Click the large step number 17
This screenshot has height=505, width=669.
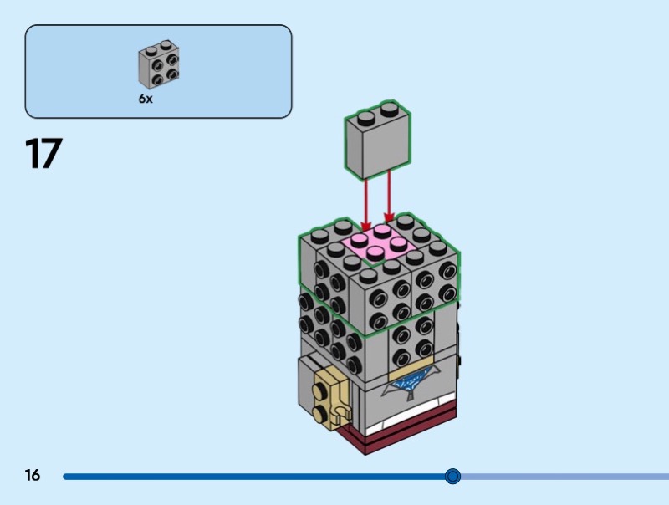click(x=43, y=155)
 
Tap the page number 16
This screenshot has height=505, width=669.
click(x=33, y=476)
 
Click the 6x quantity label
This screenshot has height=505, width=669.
click(x=146, y=99)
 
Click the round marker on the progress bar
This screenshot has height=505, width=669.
click(x=452, y=477)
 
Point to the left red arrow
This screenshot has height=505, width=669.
click(x=365, y=201)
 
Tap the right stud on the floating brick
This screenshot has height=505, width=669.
click(x=388, y=110)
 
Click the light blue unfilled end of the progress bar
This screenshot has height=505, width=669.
click(x=569, y=477)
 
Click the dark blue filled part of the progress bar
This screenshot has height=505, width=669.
click(x=251, y=477)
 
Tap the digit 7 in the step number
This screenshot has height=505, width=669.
click(x=52, y=155)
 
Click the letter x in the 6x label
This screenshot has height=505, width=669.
click(x=150, y=99)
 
